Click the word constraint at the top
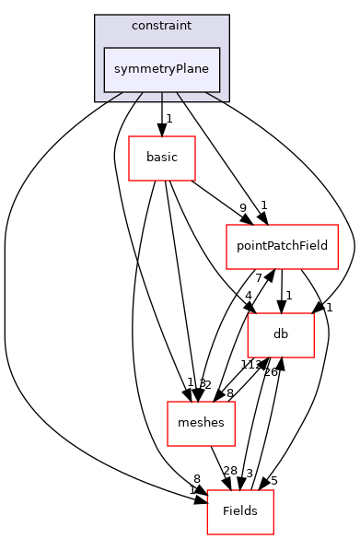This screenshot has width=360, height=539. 161,26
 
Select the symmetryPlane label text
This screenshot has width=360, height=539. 161,70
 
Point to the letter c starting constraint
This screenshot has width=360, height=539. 134,26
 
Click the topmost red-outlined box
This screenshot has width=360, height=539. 162,158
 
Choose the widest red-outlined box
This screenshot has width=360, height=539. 282,247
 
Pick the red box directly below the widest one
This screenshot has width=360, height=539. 281,335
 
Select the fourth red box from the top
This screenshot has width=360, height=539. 201,424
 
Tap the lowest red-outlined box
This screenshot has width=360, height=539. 240,512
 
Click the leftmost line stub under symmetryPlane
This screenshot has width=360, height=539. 116,96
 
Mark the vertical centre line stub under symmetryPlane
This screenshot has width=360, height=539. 162,96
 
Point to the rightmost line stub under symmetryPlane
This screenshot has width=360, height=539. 213,96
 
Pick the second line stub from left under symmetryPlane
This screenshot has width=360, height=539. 139,96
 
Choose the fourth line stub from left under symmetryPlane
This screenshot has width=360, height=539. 180,96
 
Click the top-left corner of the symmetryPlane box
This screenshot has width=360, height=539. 104,48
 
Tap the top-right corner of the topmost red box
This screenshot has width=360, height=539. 195,136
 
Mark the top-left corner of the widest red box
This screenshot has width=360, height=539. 226,225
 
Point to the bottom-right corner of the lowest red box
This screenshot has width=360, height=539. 273,534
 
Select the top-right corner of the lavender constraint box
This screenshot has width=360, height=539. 228,16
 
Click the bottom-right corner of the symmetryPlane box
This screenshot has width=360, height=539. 219,92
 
